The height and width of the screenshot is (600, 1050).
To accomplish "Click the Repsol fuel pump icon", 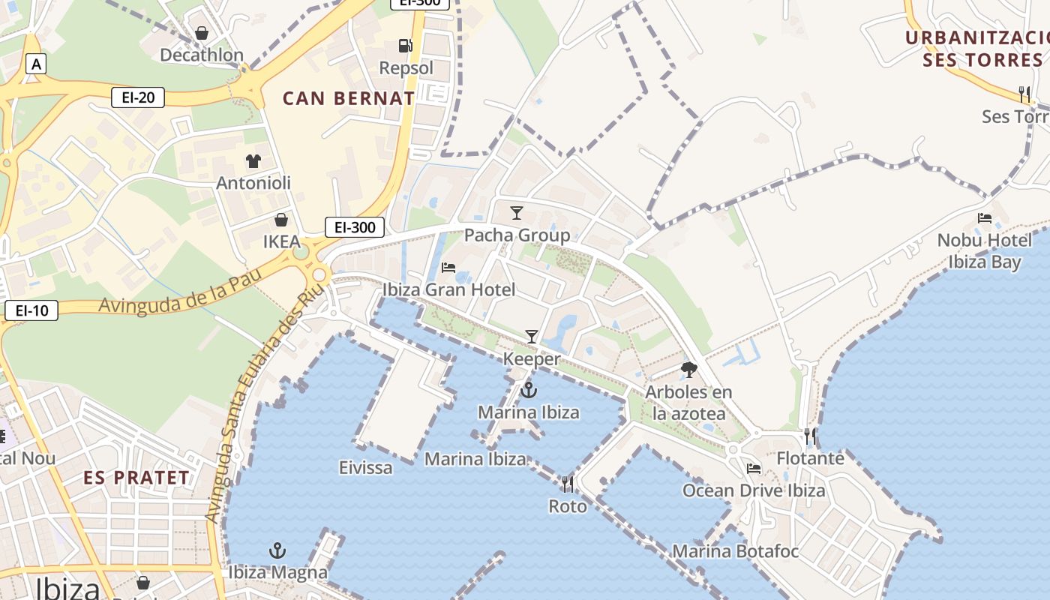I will coord(405,45).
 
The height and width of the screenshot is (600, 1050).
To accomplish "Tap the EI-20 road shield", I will coord(137,97).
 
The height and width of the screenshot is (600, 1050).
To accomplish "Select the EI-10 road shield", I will coord(31,310).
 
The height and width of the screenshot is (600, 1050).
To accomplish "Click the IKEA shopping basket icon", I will coord(281,220).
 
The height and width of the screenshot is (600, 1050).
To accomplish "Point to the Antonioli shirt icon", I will coord(253,160).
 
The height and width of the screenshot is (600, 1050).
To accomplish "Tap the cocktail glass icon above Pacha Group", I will coord(516,213).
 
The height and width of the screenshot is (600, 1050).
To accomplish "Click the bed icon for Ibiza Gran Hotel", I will coord(448,267).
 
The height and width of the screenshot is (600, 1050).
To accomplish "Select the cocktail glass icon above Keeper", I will coord(532,337).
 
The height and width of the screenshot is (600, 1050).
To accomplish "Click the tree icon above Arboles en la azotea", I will coord(688,369).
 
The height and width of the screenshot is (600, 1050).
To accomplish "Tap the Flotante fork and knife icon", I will coord(809,436).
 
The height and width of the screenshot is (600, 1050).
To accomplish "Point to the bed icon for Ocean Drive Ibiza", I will coord(754,469).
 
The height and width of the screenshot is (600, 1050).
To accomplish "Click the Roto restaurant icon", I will coord(568,484).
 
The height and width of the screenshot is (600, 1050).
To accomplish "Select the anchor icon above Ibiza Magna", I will coord(277,550).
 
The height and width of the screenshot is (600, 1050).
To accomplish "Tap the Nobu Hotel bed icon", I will coord(985,218).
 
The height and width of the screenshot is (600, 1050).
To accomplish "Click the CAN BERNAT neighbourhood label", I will coord(349,98).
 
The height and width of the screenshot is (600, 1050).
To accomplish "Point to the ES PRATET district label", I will coord(136,478).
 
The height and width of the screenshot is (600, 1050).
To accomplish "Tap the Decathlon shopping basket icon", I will coord(201,33).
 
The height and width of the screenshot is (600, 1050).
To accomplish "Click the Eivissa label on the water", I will coord(365,468).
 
